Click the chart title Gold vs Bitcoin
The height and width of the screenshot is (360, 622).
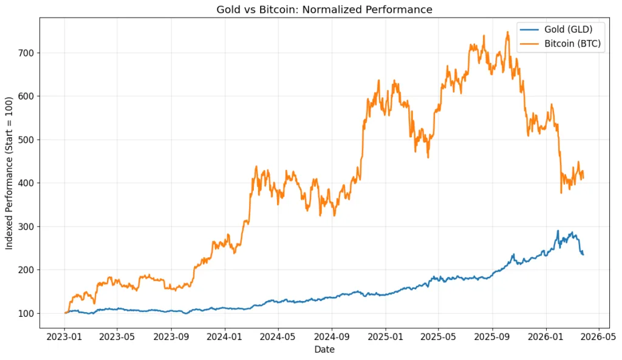(324, 9)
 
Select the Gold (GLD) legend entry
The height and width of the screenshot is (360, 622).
(568, 29)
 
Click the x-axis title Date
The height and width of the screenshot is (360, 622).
(324, 350)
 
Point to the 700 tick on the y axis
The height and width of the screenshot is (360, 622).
(27, 53)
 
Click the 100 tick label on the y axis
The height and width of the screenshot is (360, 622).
(27, 313)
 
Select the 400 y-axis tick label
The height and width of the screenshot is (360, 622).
(27, 183)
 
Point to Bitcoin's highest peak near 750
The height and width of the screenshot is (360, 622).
(508, 32)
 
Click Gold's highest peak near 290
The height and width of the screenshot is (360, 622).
(558, 231)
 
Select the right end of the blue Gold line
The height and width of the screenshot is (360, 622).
(583, 254)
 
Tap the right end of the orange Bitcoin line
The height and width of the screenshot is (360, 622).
(583, 176)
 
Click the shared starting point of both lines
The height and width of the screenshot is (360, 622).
(65, 313)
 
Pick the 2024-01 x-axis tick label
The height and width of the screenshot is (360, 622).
(225, 336)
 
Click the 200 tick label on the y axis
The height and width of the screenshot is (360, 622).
(27, 270)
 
